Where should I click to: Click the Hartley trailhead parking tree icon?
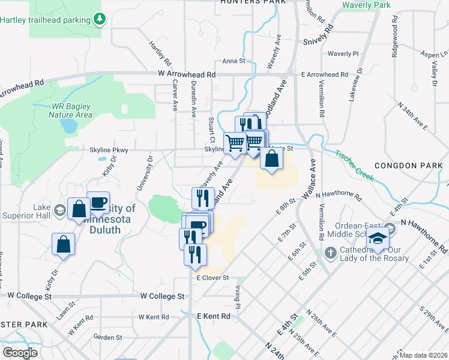100,19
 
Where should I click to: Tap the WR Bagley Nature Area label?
71,110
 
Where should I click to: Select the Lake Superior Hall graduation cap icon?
59,210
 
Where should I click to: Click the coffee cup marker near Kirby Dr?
98,202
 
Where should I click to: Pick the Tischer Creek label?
355,166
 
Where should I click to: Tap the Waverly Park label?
366,5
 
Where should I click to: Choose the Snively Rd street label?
318,37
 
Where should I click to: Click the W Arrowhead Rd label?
187,74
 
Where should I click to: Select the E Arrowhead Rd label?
324,74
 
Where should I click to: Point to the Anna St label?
234,61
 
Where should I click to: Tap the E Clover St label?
212,278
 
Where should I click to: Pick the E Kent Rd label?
214,316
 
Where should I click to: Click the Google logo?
20,353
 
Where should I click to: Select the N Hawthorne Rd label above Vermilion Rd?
339,195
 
